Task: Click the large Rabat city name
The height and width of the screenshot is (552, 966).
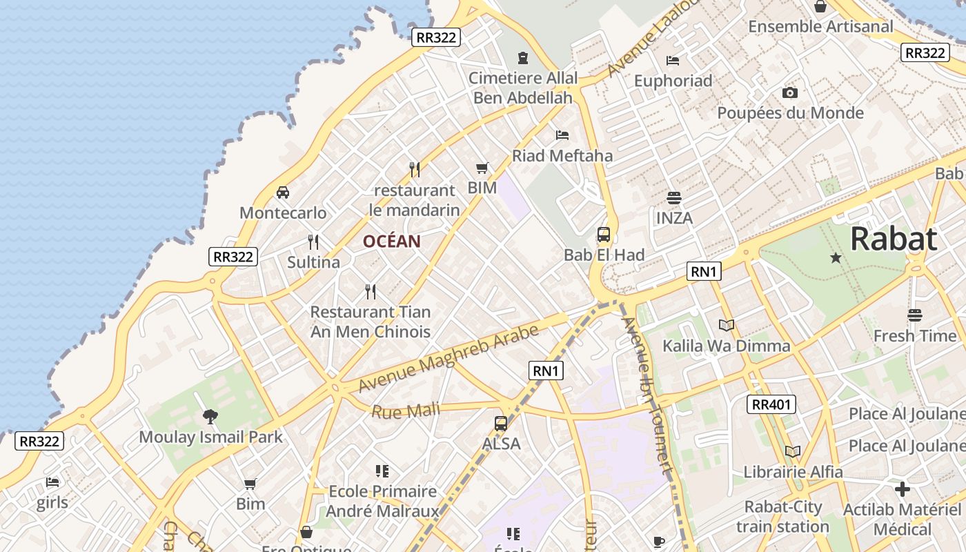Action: click(x=893, y=239)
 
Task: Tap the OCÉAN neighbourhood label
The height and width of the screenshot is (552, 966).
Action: click(x=391, y=241)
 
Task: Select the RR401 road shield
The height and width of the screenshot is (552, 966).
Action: click(x=771, y=404)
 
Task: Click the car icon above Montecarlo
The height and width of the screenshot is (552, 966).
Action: click(x=282, y=192)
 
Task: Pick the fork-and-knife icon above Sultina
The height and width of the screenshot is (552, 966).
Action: click(x=313, y=241)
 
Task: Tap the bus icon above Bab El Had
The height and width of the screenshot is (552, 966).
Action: click(x=604, y=234)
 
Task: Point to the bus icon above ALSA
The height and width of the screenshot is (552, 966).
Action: click(x=501, y=423)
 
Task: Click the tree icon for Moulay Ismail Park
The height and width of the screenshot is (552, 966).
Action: click(x=210, y=416)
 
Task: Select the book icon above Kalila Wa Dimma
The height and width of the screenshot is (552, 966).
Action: click(x=726, y=325)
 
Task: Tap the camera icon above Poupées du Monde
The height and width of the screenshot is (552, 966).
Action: click(x=790, y=92)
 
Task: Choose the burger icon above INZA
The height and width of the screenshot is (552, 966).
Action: click(x=674, y=198)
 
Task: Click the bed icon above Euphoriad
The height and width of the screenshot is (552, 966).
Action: click(x=673, y=61)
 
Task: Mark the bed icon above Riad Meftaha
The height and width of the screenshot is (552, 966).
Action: click(x=562, y=135)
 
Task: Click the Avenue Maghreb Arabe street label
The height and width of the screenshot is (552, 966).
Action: click(x=448, y=357)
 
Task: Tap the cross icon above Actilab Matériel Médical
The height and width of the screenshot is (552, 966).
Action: click(x=902, y=489)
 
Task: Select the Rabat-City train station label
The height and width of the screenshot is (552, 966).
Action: click(x=782, y=517)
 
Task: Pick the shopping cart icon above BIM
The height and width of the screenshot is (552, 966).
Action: click(x=482, y=168)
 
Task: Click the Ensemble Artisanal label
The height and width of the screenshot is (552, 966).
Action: click(x=820, y=26)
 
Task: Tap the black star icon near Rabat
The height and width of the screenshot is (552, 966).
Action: click(x=836, y=257)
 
